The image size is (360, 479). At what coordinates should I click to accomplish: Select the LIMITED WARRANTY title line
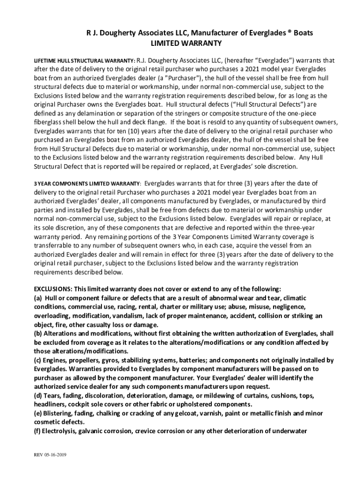pyautogui.click(x=185, y=43)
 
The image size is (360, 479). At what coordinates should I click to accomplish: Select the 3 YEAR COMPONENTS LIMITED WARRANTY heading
pyautogui.click(x=87, y=183)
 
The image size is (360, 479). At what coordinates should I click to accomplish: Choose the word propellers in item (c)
pyautogui.click(x=82, y=360)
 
